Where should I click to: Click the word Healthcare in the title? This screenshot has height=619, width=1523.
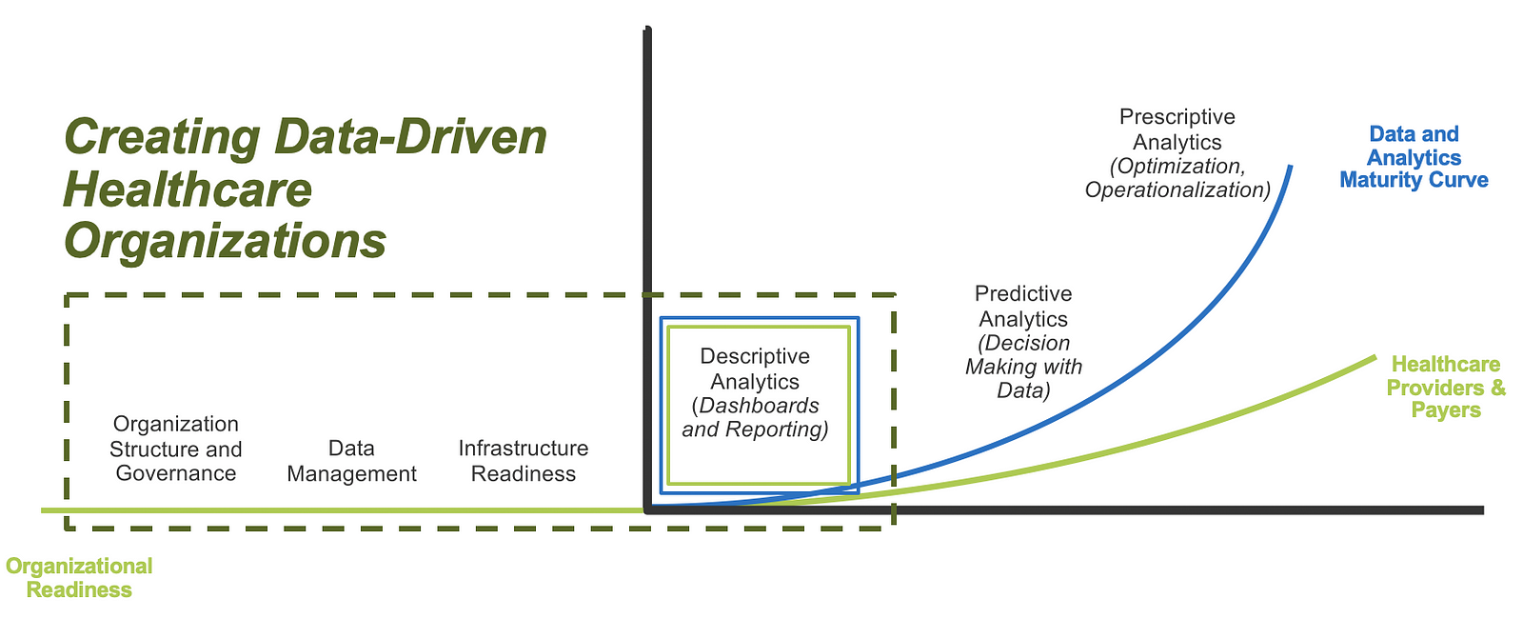188,190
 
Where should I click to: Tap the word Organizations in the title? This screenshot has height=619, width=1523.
225,242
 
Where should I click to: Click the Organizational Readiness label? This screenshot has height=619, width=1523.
79,577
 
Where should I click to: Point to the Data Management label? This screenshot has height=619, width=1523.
351,461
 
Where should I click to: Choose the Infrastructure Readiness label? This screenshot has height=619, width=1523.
524,461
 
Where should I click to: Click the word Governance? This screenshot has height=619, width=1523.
176,472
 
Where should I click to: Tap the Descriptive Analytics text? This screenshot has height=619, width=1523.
755,369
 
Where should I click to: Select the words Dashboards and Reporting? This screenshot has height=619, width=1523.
755,417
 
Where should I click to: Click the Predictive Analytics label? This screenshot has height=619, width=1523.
1023,306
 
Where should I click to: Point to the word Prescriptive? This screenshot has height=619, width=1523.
1177,117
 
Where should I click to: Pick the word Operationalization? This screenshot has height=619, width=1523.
1177,190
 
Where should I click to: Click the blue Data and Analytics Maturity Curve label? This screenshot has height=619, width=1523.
1414,157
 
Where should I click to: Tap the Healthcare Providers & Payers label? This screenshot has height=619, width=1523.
1446,388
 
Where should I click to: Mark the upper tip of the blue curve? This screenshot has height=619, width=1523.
1290,167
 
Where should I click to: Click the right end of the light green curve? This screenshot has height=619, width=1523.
1375,357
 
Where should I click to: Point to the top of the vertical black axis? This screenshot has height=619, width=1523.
647,29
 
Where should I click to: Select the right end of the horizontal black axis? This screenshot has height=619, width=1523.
1483,510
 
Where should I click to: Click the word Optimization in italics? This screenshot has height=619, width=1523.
1178,166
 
